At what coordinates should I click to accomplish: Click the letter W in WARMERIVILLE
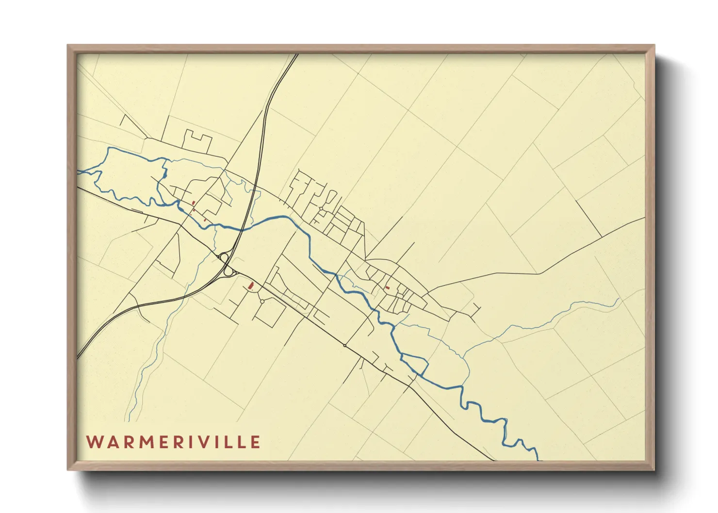click(94, 442)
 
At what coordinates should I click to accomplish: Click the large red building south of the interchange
click(251, 286)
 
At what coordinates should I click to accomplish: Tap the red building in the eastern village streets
click(387, 288)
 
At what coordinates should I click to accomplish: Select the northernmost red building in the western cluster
click(194, 203)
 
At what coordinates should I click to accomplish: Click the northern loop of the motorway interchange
click(224, 257)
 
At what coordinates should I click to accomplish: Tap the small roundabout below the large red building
click(262, 302)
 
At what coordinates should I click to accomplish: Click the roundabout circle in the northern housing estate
click(321, 208)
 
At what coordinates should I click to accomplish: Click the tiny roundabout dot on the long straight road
click(344, 345)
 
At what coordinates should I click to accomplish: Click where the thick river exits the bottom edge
click(538, 459)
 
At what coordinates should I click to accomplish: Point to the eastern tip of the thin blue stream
click(620, 299)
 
